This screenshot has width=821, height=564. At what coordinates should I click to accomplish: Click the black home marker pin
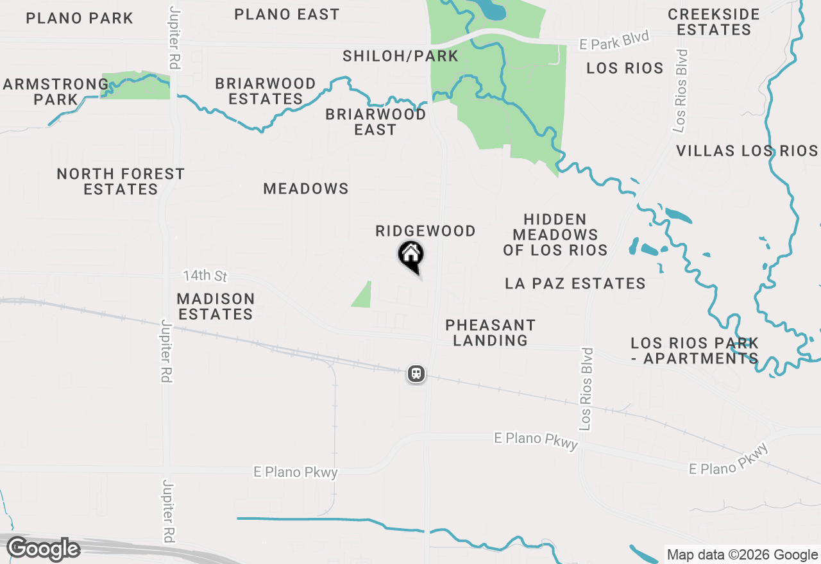(x=410, y=255)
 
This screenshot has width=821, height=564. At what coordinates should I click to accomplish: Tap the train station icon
(x=416, y=373)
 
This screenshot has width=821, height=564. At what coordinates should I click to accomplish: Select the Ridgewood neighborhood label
(x=425, y=231)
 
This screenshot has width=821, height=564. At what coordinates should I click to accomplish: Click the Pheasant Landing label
(x=490, y=333)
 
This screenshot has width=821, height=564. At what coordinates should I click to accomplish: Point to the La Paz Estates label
(x=575, y=283)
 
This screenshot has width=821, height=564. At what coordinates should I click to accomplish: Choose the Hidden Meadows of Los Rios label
(x=555, y=235)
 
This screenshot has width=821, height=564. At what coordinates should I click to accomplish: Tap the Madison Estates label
(x=216, y=306)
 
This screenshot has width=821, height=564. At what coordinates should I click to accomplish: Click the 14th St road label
(x=205, y=276)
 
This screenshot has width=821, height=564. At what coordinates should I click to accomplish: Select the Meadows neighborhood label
(x=306, y=188)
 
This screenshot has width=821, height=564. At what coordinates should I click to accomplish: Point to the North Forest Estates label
(x=121, y=181)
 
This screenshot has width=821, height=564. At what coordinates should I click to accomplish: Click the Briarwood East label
(x=375, y=122)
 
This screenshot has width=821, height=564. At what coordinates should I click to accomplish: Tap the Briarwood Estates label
(x=266, y=91)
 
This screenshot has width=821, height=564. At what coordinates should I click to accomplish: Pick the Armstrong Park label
(x=56, y=92)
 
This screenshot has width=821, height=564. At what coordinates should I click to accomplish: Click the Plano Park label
(x=80, y=18)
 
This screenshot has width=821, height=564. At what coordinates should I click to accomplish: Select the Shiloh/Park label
(x=400, y=56)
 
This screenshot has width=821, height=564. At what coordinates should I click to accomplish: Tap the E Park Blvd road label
(x=614, y=40)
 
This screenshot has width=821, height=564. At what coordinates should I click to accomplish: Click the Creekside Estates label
(x=713, y=22)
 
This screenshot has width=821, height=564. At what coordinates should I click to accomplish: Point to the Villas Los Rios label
(x=747, y=151)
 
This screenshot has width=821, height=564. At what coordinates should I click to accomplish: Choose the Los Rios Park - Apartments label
(x=694, y=351)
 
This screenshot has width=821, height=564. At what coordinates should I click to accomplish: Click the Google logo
(x=43, y=549)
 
